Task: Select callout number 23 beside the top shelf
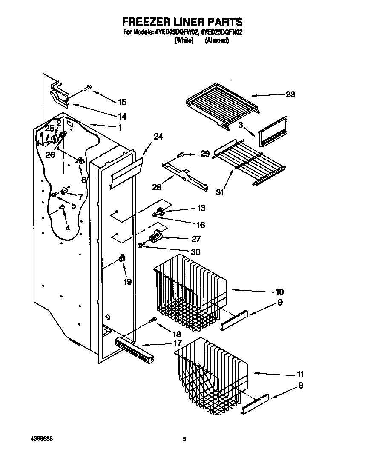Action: click(x=290, y=94)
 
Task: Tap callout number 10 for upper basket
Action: click(x=279, y=292)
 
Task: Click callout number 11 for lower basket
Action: click(x=300, y=375)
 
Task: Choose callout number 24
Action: click(x=158, y=137)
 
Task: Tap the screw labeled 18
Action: click(x=152, y=320)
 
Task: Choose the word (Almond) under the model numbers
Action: click(x=217, y=41)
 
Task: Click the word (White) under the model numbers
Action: click(x=184, y=41)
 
